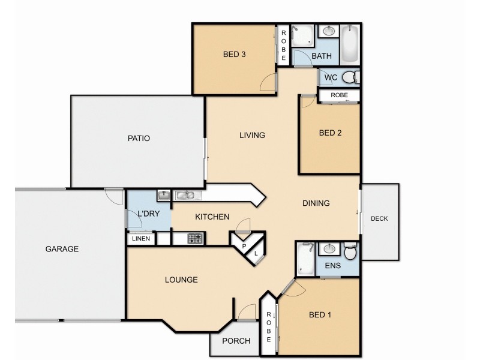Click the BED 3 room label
[235, 54]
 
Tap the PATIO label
[139, 138]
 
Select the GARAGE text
[62, 249]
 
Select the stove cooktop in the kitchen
[196, 239]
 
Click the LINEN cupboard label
[142, 239]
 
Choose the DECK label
[379, 218]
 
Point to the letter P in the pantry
[244, 246]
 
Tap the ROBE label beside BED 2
[339, 95]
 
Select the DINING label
[316, 203]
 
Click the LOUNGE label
[181, 280]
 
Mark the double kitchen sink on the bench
[185, 194]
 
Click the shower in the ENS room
[306, 257]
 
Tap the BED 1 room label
[320, 315]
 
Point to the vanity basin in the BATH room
[328, 31]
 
